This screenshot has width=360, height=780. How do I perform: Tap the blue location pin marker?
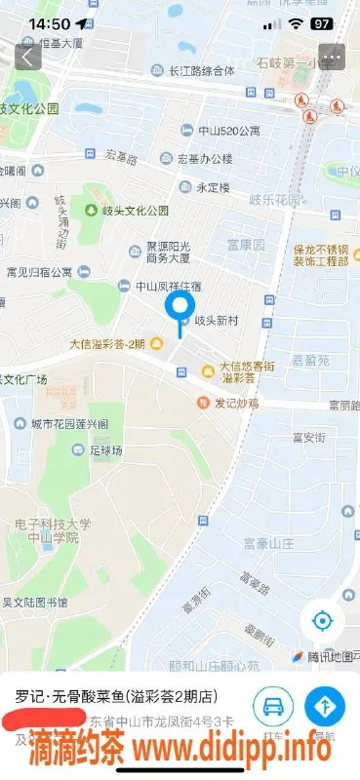click(180, 310)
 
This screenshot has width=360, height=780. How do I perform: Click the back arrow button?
click(29, 57)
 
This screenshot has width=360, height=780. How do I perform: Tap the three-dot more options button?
click(333, 57)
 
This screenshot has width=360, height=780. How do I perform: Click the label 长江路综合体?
click(202, 70)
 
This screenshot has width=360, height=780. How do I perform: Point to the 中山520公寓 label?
click(229, 131)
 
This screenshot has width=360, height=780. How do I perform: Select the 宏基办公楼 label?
click(204, 158)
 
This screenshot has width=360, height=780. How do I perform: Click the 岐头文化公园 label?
click(135, 210)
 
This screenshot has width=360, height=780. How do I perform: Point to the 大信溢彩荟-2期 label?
click(107, 343)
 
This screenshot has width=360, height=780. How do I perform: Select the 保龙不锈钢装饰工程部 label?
click(321, 254)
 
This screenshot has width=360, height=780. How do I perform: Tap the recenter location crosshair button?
click(322, 620)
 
